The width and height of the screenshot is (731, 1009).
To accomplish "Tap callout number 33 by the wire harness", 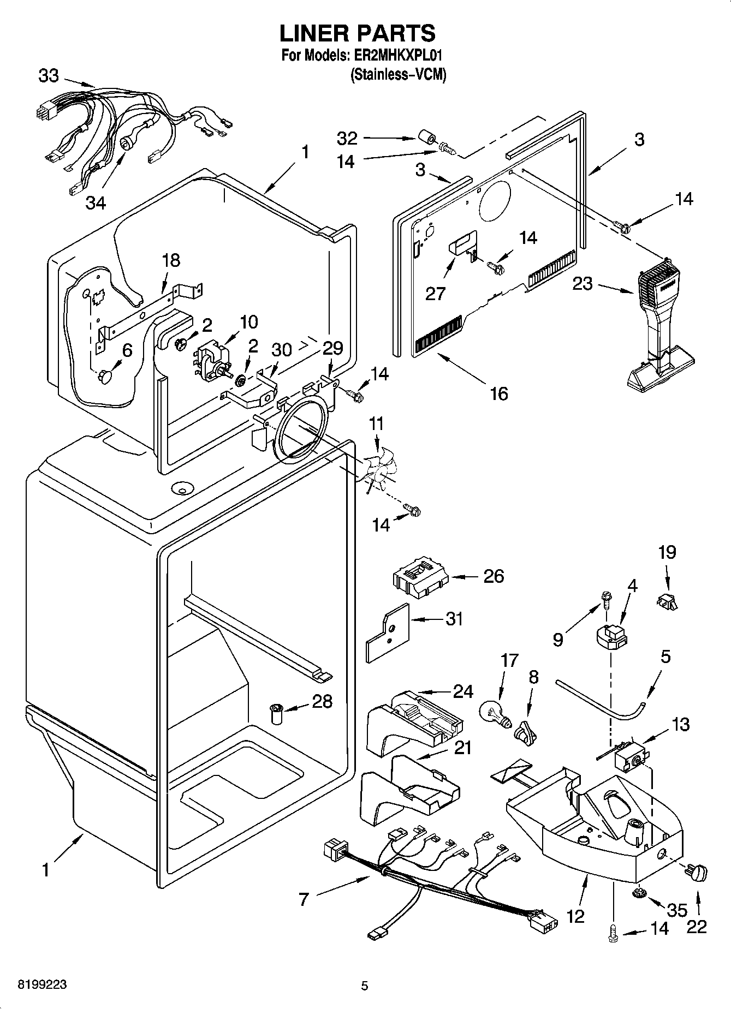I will click(48, 76).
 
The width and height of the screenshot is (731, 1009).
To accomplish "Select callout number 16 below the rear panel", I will click(498, 393).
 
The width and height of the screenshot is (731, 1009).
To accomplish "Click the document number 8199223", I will click(43, 984).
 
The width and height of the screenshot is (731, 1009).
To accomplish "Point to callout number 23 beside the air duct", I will click(583, 284).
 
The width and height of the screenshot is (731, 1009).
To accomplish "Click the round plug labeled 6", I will click(105, 376).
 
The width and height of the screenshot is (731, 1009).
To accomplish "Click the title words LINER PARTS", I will click(358, 33).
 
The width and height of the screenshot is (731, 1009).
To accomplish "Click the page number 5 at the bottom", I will click(365, 986).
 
